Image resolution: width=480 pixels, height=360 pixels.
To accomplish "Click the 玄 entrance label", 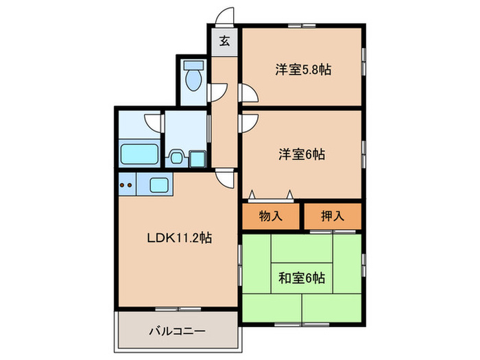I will click(224, 40).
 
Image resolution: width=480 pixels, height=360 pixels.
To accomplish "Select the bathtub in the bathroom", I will click(139, 154).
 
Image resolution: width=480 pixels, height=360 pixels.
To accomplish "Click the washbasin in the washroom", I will click(177, 158).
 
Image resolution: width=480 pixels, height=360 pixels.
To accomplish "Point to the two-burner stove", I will click(125, 184).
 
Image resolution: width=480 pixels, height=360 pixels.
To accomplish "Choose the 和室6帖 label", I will click(302, 278).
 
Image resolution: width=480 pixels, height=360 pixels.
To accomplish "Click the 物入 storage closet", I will click(270, 216).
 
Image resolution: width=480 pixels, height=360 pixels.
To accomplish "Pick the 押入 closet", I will click(333, 216).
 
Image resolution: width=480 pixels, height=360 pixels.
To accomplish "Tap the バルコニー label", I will click(177, 332).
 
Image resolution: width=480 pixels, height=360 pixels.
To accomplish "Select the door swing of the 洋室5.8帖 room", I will click(249, 91).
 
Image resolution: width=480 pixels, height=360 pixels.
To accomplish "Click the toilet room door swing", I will click(217, 90).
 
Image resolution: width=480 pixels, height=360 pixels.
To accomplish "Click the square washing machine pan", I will click(197, 158).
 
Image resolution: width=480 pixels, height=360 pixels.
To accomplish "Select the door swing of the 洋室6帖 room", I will click(249, 121).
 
